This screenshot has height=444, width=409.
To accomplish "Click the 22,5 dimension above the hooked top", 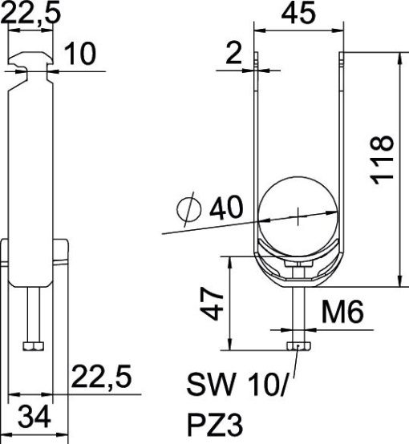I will coord(29,14).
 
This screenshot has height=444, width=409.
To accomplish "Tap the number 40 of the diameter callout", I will coord(227,209).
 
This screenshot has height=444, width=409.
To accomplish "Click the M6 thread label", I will coord(339,312).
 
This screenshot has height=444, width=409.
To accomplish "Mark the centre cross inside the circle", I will coord(298,215).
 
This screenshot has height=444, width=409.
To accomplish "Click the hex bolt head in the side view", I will coord(32,346).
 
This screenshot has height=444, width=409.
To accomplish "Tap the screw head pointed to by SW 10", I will coord(298,346).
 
